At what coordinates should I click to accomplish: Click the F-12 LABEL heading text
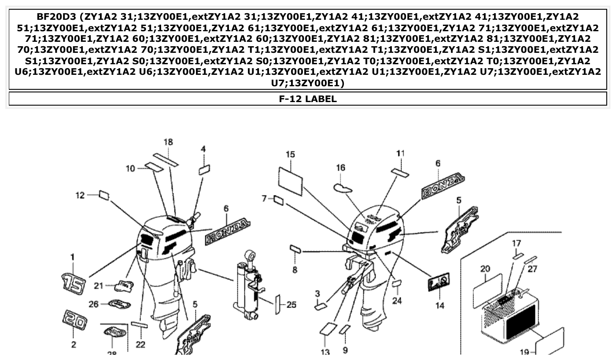click(x=308, y=99)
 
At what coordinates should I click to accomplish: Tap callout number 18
click(x=168, y=142)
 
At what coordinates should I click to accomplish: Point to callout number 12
click(x=80, y=195)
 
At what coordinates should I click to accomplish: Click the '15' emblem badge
click(x=72, y=283)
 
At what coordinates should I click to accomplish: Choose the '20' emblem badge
click(x=74, y=320)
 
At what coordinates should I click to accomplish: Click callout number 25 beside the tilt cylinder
click(x=291, y=304)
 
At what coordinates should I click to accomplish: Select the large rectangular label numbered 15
click(x=291, y=180)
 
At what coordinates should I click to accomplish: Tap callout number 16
click(x=341, y=168)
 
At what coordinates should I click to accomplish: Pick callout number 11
click(x=400, y=153)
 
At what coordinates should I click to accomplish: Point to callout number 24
click(x=397, y=301)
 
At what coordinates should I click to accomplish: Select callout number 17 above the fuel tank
click(x=516, y=243)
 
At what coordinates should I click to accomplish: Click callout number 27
click(x=532, y=268)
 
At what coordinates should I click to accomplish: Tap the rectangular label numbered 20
click(x=487, y=290)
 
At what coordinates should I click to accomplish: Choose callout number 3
click(x=317, y=293)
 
